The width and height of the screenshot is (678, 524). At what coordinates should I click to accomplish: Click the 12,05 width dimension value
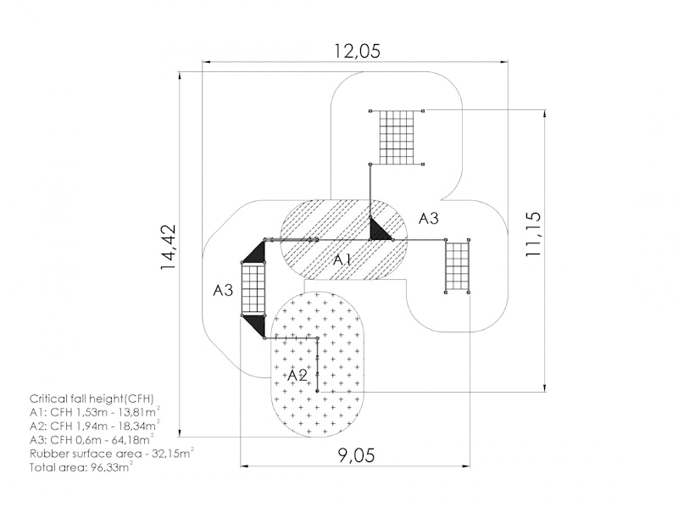[x=357, y=51]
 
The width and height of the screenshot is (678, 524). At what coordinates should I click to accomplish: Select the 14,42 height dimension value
[x=168, y=247]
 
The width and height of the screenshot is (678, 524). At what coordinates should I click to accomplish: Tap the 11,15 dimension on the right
[x=533, y=234]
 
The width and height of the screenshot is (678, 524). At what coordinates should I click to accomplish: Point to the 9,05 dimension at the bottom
[x=356, y=455]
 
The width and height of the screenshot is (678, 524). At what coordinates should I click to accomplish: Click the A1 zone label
[x=342, y=260]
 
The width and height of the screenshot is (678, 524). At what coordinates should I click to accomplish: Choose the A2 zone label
[x=297, y=375]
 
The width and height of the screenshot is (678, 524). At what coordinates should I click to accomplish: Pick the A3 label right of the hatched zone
[x=429, y=219]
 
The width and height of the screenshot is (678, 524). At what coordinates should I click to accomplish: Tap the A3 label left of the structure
[x=223, y=290]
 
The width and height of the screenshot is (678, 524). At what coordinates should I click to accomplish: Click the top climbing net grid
[x=397, y=137]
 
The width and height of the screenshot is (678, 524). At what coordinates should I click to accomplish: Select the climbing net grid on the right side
[x=458, y=266]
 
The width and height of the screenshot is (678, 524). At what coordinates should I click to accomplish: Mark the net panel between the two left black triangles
[x=253, y=288]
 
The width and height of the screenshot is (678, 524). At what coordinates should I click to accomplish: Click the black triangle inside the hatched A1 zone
[x=380, y=229]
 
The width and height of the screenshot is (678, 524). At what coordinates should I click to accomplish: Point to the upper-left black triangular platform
[x=255, y=252]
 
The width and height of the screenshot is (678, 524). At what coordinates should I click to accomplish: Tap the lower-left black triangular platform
[x=255, y=326]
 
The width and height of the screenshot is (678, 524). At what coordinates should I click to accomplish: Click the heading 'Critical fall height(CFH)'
[x=92, y=399]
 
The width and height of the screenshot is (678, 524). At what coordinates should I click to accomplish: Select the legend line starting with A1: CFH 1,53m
[x=95, y=412]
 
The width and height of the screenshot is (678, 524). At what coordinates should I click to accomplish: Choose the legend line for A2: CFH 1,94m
[x=95, y=426]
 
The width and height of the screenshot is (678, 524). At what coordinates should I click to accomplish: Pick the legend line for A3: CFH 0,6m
[x=92, y=439]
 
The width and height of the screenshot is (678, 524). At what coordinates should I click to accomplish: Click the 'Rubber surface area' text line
[x=112, y=454]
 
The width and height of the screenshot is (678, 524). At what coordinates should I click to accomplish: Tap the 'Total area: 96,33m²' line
[x=81, y=467]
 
